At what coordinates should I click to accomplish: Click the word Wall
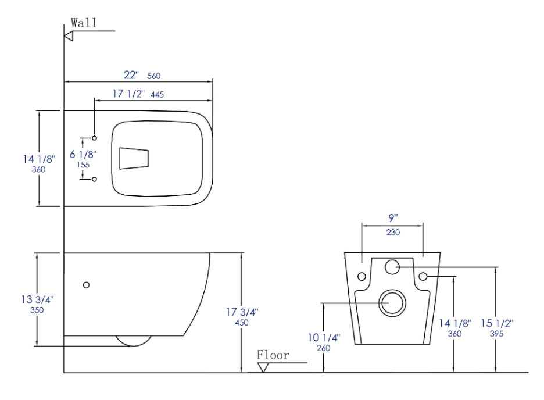click(84, 23)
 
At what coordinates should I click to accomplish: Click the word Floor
click(273, 355)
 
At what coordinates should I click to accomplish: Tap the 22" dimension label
click(131, 75)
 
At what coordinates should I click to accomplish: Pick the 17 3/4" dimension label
click(242, 312)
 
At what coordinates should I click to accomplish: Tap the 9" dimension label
click(393, 219)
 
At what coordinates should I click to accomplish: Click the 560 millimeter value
click(153, 76)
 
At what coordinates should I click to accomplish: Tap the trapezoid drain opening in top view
click(134, 159)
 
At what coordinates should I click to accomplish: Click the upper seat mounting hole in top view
click(94, 138)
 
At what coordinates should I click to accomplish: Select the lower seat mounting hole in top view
click(94, 179)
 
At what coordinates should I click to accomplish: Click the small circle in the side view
click(87, 284)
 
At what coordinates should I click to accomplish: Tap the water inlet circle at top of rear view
click(393, 267)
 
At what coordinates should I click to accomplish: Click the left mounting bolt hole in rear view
click(362, 276)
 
